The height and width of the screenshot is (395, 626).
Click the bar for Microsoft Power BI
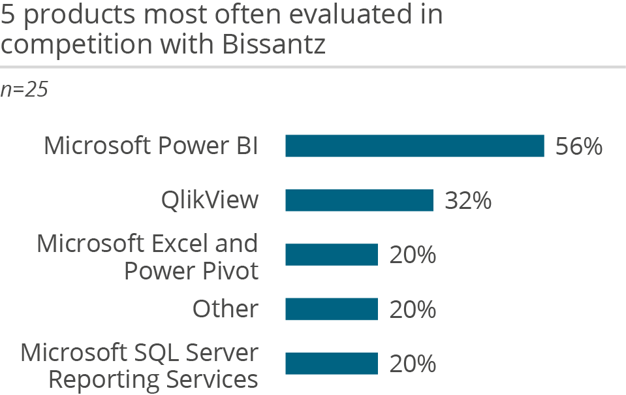point(415,146)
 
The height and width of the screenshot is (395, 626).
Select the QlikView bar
point(359,200)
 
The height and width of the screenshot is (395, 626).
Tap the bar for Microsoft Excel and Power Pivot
point(332,255)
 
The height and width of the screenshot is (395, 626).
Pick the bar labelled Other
point(332,309)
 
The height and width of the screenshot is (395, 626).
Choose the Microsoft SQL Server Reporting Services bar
point(332,364)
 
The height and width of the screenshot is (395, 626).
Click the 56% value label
point(578,147)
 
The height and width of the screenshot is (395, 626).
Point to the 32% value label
point(467,201)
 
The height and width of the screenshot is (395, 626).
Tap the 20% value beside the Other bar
point(413,309)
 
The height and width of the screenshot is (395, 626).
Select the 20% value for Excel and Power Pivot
point(413,255)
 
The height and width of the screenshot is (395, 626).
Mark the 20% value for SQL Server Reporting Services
point(413,364)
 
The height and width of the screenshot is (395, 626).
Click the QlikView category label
point(210,200)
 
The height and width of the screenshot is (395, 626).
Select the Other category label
point(225,309)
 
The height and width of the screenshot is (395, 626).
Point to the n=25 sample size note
point(24,89)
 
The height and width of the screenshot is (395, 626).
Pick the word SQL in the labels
point(153,353)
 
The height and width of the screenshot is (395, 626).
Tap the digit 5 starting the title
point(7,14)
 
